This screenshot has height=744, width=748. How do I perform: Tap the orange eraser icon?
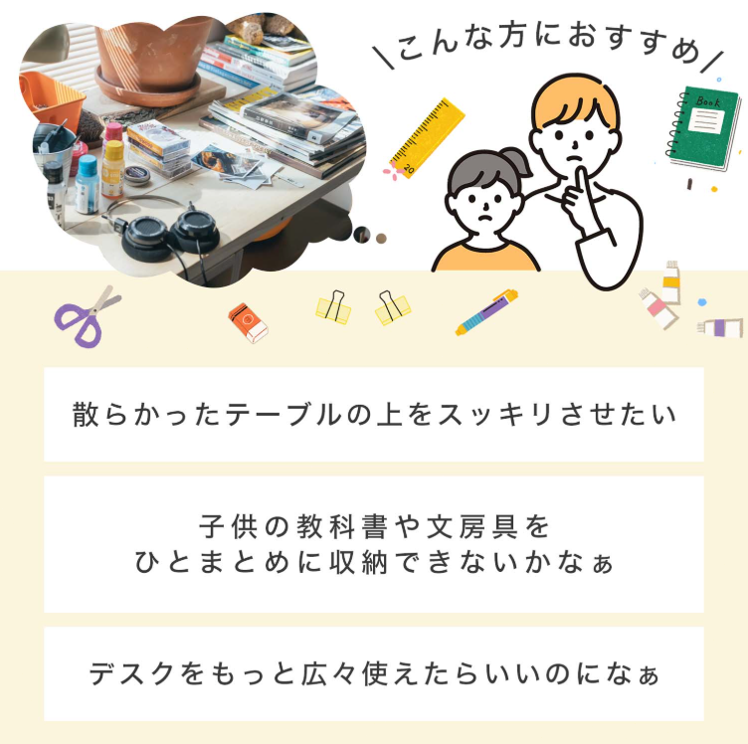click(248, 323)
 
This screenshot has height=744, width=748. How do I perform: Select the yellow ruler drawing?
click(427, 138)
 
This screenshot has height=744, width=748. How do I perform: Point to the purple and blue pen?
click(486, 312)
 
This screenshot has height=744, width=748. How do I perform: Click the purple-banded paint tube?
click(720, 327)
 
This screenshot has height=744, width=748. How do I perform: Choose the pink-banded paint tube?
click(657, 308)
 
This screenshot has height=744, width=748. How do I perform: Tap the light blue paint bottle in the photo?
click(88, 184)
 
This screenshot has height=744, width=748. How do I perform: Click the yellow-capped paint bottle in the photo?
click(113, 168)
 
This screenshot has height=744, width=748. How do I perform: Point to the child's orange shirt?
click(485, 258)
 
